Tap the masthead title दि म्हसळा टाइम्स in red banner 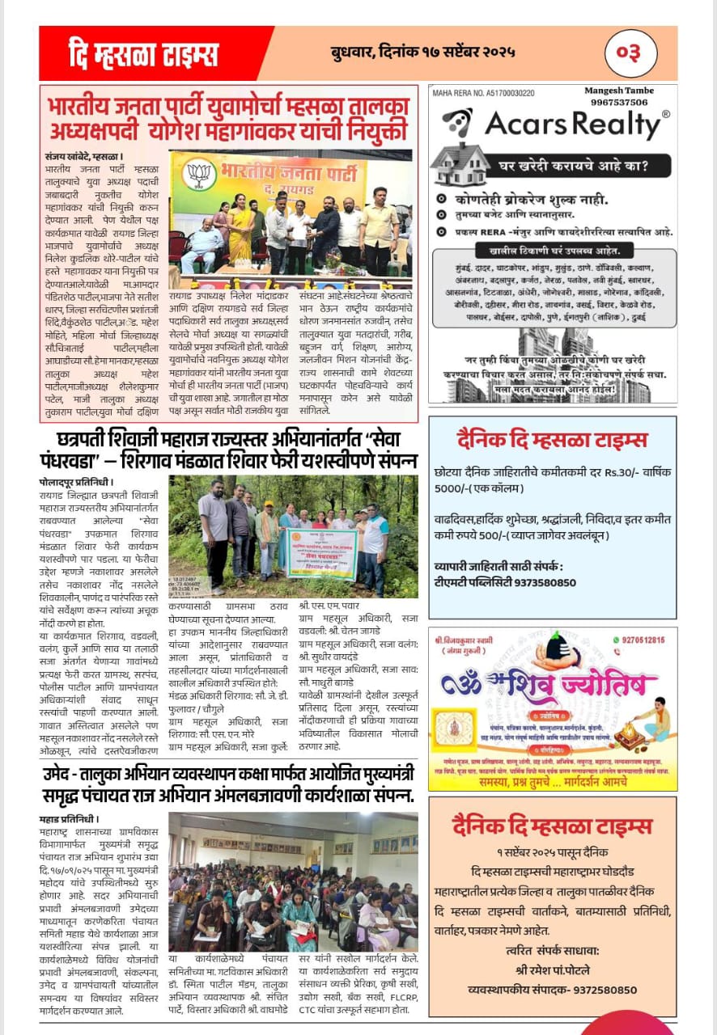pos(144,54)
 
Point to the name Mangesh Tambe pos(619,91)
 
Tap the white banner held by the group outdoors pos(321,554)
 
